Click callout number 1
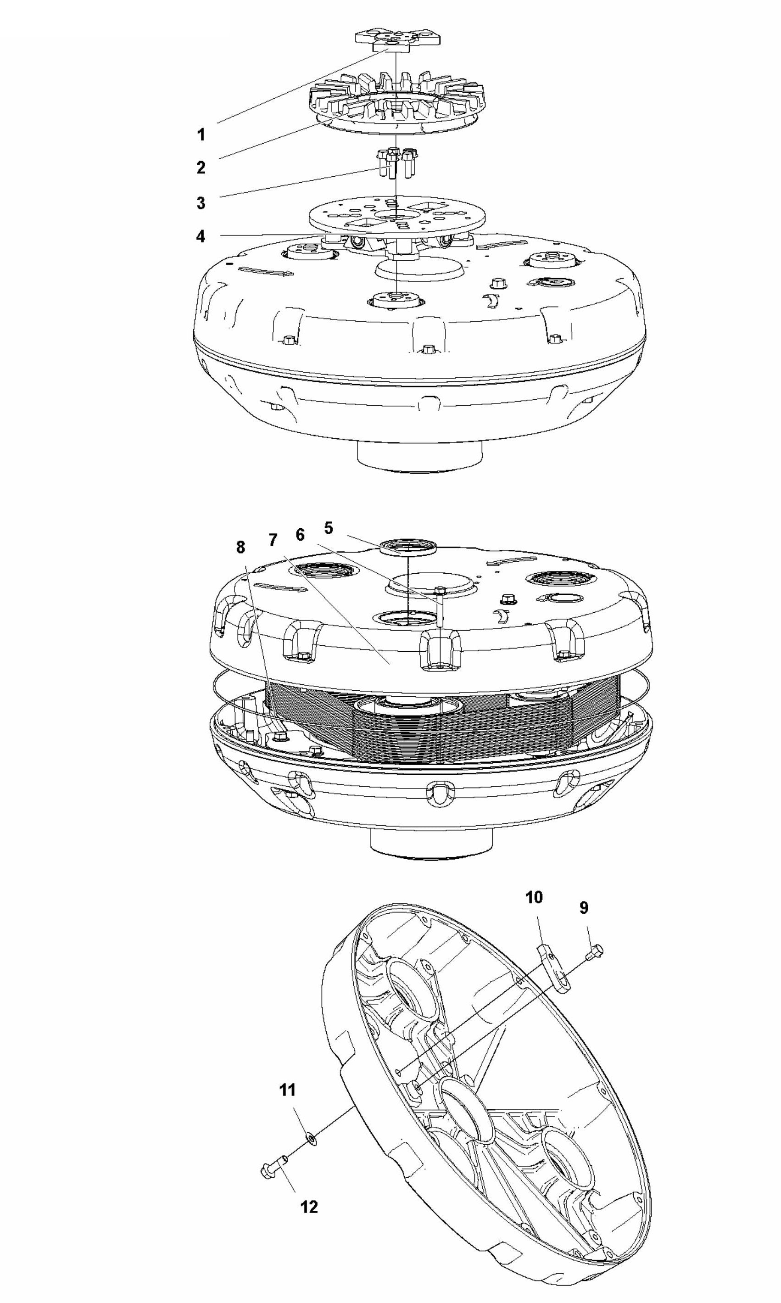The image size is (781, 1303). click(x=201, y=135)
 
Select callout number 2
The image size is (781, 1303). click(x=201, y=168)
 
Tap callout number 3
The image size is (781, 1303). click(x=201, y=203)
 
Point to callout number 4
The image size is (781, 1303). click(x=201, y=236)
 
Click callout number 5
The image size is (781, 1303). click(x=329, y=527)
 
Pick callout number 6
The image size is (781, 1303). click(x=300, y=535)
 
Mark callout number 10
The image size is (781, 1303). click(x=534, y=897)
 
